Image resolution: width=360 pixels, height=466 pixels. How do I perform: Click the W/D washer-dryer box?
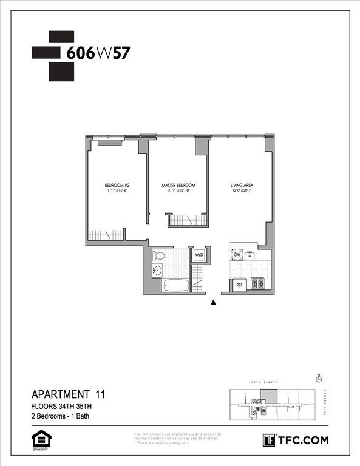point(199,255)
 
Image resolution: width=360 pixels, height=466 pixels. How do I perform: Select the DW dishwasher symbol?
point(239,254)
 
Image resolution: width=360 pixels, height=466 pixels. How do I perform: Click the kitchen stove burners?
point(257,283)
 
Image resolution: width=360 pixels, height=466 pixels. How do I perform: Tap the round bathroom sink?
point(158,271)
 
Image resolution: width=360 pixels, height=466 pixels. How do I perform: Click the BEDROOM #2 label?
point(115,185)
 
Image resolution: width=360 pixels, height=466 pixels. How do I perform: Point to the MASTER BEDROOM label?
point(178,185)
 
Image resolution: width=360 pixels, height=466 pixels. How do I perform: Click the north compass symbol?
point(318,378)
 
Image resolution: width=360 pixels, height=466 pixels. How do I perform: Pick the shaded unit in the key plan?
point(268,396)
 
